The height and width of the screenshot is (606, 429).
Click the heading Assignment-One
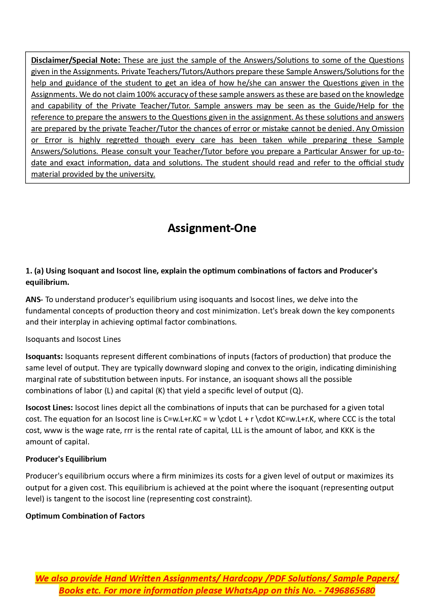[212, 228]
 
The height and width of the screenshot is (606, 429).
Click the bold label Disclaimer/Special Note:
[76, 60]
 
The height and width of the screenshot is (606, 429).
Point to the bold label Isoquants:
[44, 357]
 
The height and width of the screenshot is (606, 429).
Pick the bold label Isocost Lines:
[49, 408]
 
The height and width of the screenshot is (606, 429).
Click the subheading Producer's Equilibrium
[66, 459]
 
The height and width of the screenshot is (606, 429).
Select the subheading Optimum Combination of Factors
[85, 516]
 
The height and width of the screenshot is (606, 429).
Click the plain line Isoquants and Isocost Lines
[73, 339]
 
